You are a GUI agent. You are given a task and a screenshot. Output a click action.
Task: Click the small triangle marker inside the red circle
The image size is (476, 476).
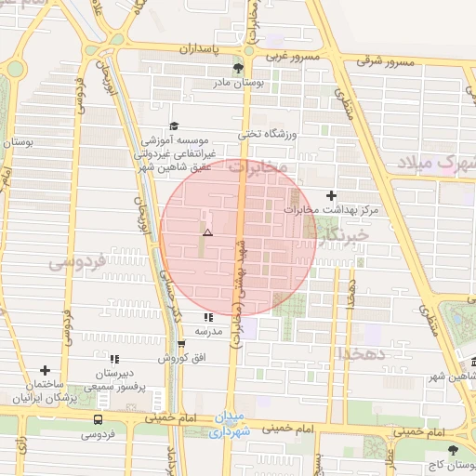click(208, 232)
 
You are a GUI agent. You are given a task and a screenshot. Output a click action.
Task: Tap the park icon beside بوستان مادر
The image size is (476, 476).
click(238, 68)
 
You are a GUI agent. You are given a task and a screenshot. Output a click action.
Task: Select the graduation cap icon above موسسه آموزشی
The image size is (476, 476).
click(172, 126)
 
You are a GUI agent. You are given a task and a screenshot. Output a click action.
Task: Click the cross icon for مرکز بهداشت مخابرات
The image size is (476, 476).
click(332, 195)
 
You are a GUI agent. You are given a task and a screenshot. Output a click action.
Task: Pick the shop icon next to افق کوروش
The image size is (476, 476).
click(167, 343)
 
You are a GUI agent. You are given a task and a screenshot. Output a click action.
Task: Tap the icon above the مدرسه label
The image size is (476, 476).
click(207, 317)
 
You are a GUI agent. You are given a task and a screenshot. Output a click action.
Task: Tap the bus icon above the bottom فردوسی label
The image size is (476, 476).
click(98, 419)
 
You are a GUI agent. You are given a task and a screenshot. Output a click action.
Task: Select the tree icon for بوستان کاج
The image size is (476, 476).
click(453, 450)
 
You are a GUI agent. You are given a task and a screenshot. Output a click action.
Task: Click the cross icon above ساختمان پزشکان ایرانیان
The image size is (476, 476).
click(44, 370)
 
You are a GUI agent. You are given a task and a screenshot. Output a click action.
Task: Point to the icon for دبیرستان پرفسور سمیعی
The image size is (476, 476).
click(114, 358)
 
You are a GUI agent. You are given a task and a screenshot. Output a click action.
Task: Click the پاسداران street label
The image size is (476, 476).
click(197, 47)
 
